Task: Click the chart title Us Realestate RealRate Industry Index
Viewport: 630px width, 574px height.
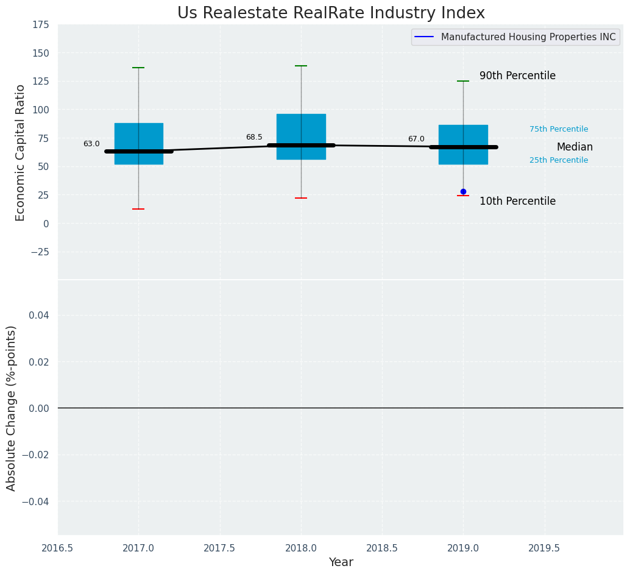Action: pyautogui.click(x=331, y=13)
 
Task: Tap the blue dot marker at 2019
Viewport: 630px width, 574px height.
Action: pyautogui.click(x=463, y=191)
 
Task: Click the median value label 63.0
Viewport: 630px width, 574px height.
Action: pyautogui.click(x=91, y=144)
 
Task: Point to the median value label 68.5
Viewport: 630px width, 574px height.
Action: pyautogui.click(x=254, y=137)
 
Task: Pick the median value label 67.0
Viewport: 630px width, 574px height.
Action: pyautogui.click(x=416, y=139)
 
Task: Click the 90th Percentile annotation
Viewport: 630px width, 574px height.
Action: pyautogui.click(x=517, y=76)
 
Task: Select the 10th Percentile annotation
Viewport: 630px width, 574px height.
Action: pyautogui.click(x=517, y=201)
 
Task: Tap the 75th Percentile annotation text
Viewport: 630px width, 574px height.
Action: pyautogui.click(x=559, y=129)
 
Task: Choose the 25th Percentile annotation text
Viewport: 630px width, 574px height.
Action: pyautogui.click(x=559, y=160)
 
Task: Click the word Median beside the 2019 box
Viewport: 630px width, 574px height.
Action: pyautogui.click(x=575, y=147)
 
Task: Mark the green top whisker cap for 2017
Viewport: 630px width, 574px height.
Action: pyautogui.click(x=138, y=68)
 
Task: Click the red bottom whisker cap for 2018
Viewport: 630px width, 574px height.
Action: pyautogui.click(x=301, y=198)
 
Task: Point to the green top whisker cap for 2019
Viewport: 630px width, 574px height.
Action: pyautogui.click(x=463, y=81)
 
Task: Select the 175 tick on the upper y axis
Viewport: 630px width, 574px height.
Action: pyautogui.click(x=41, y=25)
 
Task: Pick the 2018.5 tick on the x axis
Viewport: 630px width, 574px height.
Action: pyautogui.click(x=382, y=548)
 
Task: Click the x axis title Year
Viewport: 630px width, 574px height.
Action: pyautogui.click(x=341, y=562)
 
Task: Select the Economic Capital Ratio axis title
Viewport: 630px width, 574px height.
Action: pyautogui.click(x=20, y=152)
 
